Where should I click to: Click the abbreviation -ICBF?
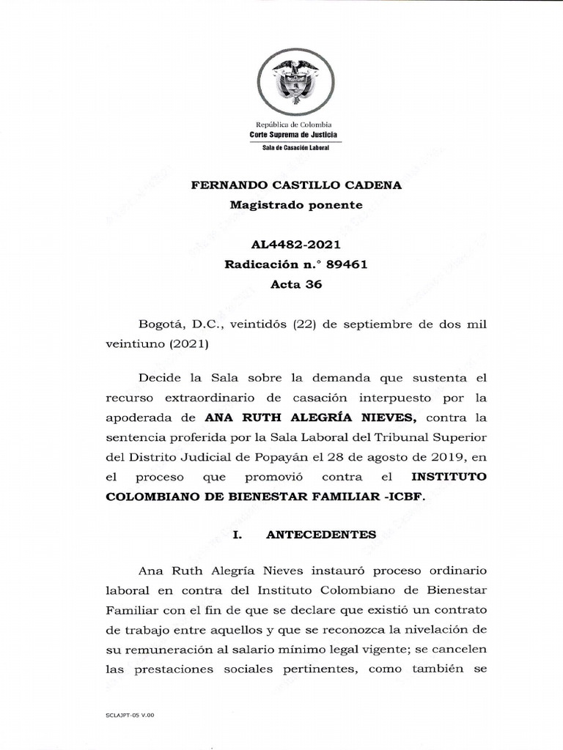click(x=401, y=497)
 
